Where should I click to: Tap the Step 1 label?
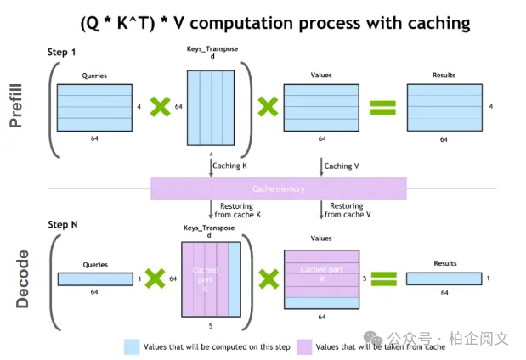point(62,53)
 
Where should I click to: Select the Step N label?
point(64,225)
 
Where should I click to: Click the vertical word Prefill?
point(18,105)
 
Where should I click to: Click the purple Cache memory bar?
point(278,188)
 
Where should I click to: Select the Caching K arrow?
point(212,167)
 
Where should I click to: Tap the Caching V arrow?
point(320,167)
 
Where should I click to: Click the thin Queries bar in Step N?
point(96,278)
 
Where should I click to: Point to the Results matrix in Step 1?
point(444,107)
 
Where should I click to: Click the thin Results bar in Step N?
point(444,278)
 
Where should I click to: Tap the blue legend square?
point(132,346)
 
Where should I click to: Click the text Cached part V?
point(321,273)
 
